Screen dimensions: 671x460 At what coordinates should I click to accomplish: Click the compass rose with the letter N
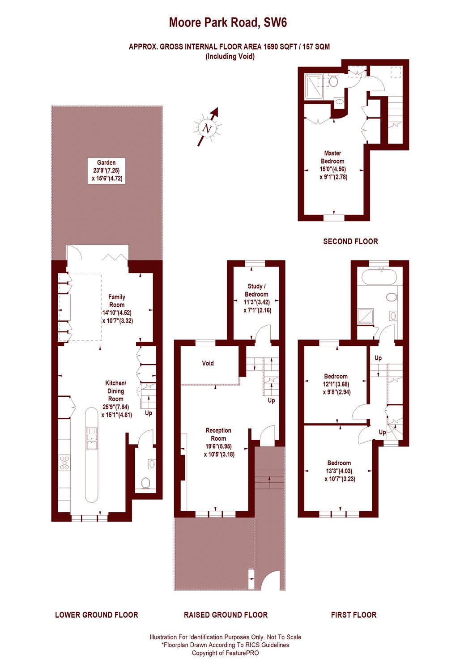[207, 128]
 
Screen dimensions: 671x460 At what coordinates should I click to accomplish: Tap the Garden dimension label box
[106, 170]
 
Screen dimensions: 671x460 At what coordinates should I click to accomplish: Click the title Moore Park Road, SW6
[228, 22]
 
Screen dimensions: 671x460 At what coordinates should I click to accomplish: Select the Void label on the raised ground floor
[208, 363]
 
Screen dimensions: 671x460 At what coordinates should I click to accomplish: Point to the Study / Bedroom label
[257, 298]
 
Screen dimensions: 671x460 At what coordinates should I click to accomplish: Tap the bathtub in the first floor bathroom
[379, 277]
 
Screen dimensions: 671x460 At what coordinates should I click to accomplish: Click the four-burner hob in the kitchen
[64, 462]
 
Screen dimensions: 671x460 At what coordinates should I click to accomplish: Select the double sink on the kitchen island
[92, 438]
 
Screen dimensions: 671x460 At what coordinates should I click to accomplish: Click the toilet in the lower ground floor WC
[145, 483]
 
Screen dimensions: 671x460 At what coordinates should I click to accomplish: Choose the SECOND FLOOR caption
[350, 242]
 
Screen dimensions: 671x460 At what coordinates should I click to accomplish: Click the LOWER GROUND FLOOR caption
[97, 615]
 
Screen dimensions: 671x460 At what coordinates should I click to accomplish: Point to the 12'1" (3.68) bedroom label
[336, 384]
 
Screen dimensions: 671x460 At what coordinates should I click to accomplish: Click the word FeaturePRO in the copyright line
[242, 653]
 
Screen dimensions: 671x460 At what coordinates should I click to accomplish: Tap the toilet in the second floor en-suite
[333, 82]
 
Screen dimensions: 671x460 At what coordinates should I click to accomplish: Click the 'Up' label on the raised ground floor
[271, 400]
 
